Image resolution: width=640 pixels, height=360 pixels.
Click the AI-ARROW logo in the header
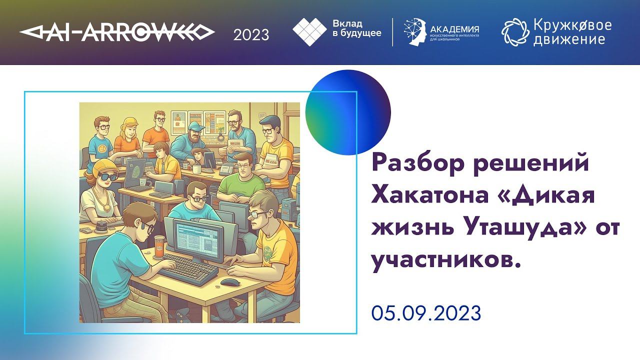117,33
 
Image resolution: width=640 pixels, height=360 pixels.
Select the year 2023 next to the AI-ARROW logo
251,34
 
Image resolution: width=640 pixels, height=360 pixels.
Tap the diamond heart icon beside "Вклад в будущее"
309,32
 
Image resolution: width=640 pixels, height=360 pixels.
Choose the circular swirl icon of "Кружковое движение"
514,32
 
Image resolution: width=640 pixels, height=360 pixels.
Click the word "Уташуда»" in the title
522,228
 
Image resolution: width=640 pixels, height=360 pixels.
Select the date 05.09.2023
426,313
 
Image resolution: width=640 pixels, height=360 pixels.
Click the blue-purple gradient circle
348,112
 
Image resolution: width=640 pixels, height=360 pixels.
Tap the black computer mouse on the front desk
229,282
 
